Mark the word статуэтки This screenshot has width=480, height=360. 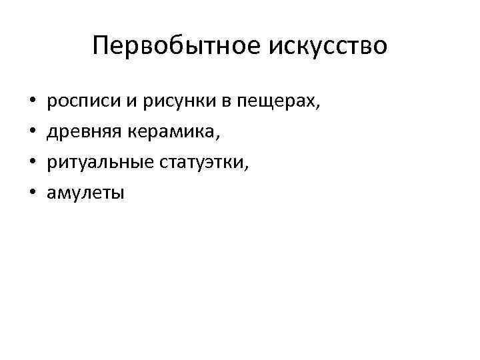click(199, 163)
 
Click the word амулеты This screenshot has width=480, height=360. click(85, 193)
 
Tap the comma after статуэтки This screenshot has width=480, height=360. click(249, 169)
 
